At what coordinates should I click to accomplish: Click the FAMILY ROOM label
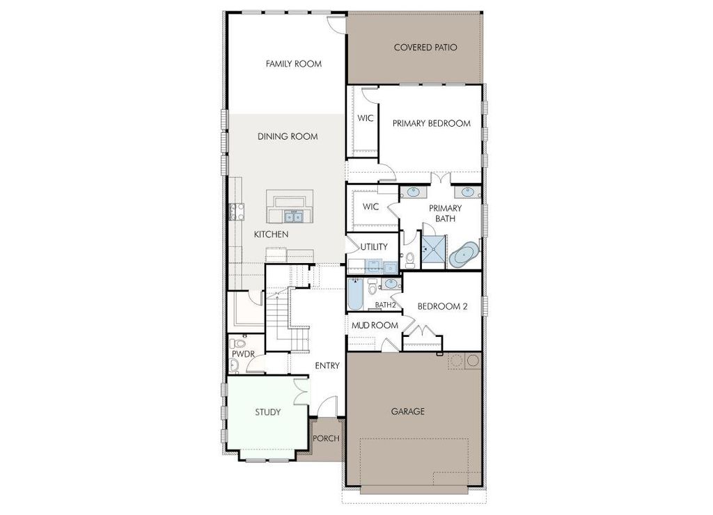[293, 64]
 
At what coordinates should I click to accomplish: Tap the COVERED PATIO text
[425, 48]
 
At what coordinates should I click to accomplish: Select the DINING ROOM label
[288, 136]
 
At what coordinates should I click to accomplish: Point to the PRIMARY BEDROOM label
[431, 124]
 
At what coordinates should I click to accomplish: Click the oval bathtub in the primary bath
[464, 255]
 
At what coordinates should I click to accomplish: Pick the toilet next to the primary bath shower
[410, 259]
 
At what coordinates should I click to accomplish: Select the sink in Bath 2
[391, 284]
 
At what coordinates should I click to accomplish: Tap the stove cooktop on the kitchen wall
[233, 210]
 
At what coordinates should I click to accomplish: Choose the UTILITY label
[373, 247]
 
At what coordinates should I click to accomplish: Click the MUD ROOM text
[374, 326]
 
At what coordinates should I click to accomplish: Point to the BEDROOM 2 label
[441, 306]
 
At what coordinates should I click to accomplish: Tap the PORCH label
[326, 438]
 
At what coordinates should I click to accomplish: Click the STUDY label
[267, 413]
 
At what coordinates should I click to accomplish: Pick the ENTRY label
[327, 366]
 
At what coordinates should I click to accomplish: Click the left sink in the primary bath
[413, 191]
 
